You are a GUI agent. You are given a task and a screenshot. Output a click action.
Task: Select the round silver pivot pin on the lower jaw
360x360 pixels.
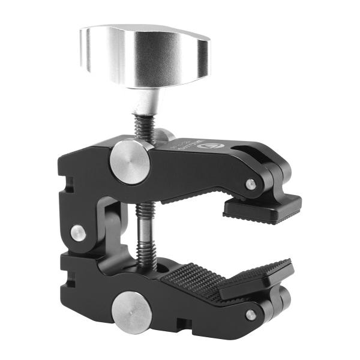coord(130,312)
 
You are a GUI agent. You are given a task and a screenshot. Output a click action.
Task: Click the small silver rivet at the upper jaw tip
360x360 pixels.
coord(250,184)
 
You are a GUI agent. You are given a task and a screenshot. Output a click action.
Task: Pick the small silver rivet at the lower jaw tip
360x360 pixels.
coord(251,314)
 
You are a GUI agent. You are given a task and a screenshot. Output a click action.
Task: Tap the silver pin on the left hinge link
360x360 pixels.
coord(78,233)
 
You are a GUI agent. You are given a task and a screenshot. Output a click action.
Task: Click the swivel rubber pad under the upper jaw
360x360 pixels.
coord(263,209)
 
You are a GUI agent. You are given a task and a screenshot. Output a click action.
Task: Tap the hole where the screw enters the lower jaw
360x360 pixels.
coord(150,265)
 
